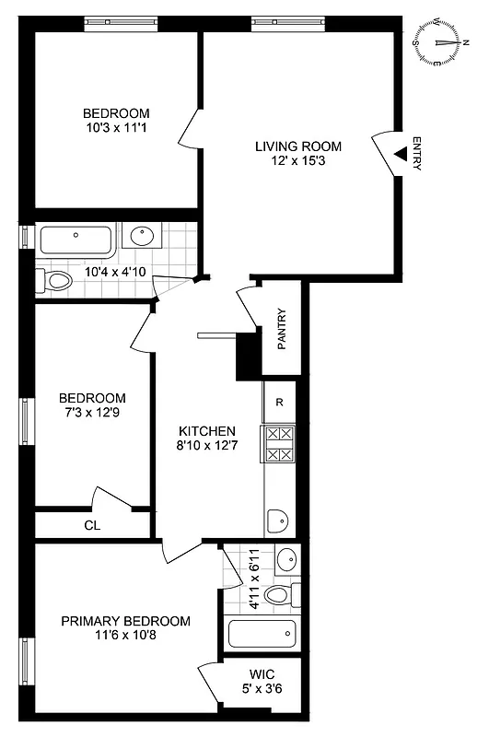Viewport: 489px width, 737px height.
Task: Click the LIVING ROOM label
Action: tap(298, 146)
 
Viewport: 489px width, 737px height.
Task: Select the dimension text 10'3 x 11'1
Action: tap(115, 128)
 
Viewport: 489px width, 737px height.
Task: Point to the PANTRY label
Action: tap(283, 329)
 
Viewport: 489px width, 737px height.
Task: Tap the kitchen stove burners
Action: tap(279, 443)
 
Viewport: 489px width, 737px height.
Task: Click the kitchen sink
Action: tap(278, 521)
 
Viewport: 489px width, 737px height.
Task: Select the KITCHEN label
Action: tap(207, 431)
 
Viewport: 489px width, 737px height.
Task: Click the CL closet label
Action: tap(91, 525)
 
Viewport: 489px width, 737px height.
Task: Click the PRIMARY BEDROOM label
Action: tap(126, 621)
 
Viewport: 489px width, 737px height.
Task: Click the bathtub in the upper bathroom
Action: tap(76, 242)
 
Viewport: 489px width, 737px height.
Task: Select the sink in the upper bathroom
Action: tap(143, 237)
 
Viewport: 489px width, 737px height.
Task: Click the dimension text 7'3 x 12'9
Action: tap(92, 412)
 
